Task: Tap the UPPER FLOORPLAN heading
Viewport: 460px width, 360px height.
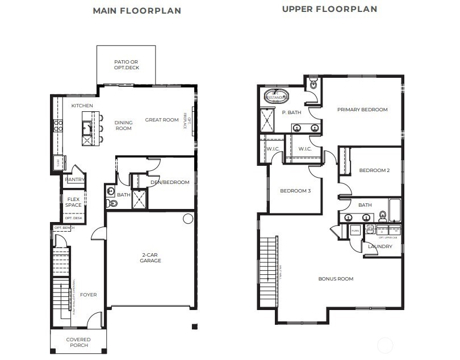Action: [x=329, y=9]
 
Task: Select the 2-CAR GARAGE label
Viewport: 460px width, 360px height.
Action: [x=150, y=258]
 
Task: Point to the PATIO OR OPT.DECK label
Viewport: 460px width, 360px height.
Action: [x=126, y=65]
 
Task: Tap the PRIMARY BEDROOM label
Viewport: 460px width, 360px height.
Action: [x=362, y=110]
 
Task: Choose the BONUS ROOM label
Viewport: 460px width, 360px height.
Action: [x=336, y=279]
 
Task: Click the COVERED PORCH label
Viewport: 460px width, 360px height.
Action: [x=78, y=342]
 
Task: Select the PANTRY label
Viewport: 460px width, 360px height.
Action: [x=74, y=180]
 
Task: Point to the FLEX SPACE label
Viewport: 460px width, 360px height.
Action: [x=73, y=202]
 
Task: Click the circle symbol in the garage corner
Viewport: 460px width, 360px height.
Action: [x=187, y=219]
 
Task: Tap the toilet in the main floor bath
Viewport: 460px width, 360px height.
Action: [x=111, y=202]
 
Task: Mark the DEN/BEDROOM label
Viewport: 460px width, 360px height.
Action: [x=170, y=182]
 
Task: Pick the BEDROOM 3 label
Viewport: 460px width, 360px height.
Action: [x=295, y=191]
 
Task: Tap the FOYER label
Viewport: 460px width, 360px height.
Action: [x=88, y=295]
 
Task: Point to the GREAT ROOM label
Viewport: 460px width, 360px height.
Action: [x=162, y=120]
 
